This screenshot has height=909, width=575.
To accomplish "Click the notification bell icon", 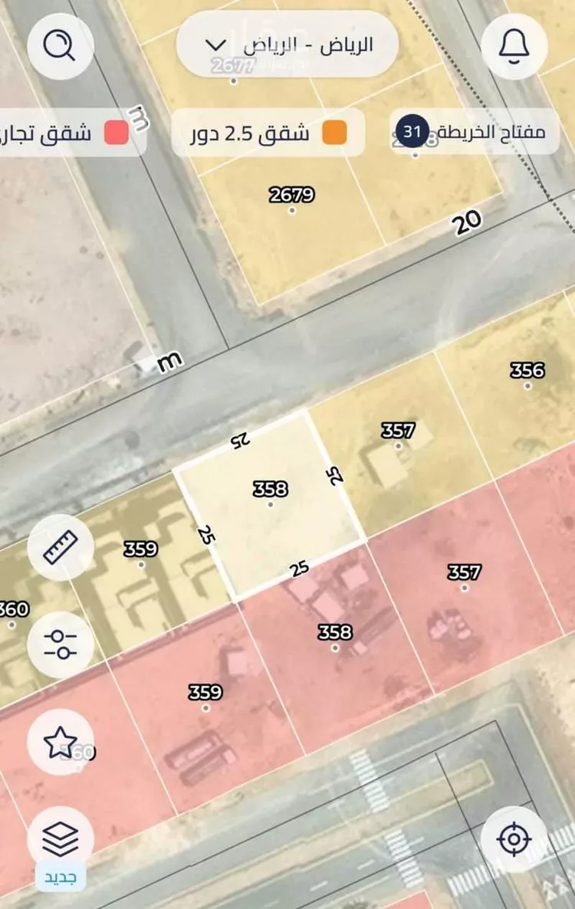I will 514,47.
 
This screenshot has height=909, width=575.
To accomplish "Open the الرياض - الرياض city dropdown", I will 287,44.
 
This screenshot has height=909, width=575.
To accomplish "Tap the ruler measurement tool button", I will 61,547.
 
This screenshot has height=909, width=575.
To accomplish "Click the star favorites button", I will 61,742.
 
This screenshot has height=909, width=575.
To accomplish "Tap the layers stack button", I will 61,839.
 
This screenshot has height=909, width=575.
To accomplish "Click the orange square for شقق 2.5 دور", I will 334,133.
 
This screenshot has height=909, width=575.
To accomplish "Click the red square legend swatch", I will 117,133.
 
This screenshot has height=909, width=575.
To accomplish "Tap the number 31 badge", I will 412,132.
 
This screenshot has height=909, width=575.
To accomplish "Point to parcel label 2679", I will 292,195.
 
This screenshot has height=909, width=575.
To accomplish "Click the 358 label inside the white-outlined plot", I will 271,488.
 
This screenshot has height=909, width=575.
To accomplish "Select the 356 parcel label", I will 527,370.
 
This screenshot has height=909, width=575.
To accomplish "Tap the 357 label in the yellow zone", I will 399,431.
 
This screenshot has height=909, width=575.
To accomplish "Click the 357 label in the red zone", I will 465,572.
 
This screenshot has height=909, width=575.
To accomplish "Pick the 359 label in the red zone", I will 205,692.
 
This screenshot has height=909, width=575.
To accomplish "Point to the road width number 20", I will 468,223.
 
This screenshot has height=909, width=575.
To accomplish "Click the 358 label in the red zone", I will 335,632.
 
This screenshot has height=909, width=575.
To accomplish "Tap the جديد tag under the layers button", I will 61,876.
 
